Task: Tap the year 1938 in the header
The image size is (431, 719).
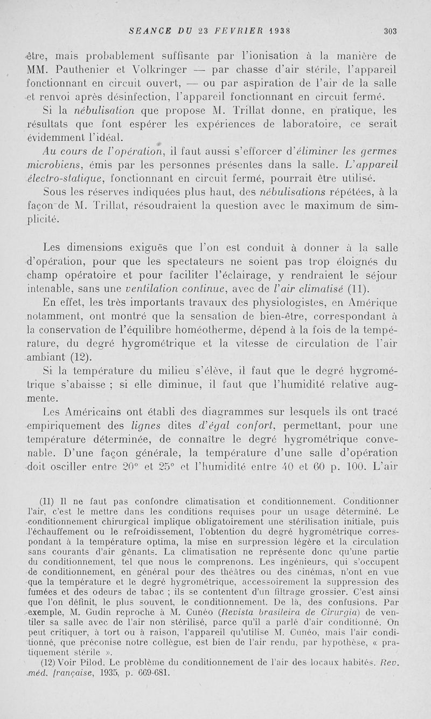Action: coord(275,31)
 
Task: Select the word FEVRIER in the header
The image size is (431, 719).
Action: coord(231,31)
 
